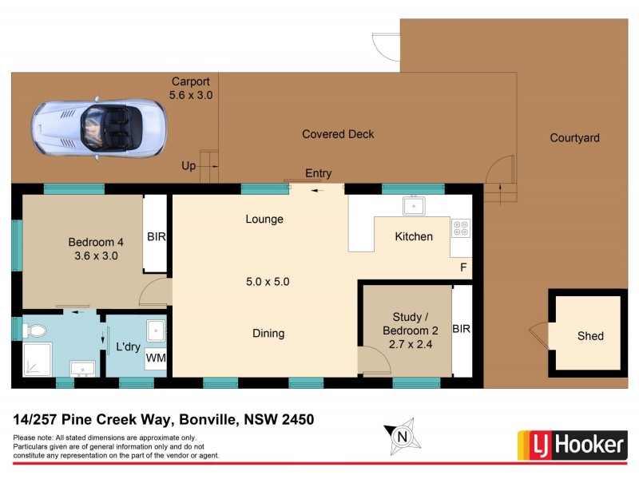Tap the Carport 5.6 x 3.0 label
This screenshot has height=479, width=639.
[191, 88]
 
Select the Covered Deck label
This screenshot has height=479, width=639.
[338, 134]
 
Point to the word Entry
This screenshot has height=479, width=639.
[318, 173]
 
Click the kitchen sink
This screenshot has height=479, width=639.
[414, 206]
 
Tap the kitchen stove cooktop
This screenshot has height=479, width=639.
[461, 228]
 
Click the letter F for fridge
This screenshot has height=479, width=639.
[462, 267]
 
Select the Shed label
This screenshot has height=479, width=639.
[590, 336]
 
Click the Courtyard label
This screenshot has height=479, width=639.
[574, 138]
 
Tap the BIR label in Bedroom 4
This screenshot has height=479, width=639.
[156, 237]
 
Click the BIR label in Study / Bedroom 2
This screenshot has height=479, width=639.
[462, 328]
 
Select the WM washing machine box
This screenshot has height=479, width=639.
[156, 358]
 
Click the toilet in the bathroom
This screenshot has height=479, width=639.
[35, 329]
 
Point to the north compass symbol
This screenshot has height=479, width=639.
[404, 435]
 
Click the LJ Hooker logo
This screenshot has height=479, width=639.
[573, 445]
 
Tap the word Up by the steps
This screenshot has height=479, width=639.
[189, 165]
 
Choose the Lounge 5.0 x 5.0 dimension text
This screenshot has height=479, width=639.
[268, 282]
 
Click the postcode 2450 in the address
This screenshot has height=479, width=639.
[296, 418]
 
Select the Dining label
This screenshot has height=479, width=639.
[268, 334]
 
